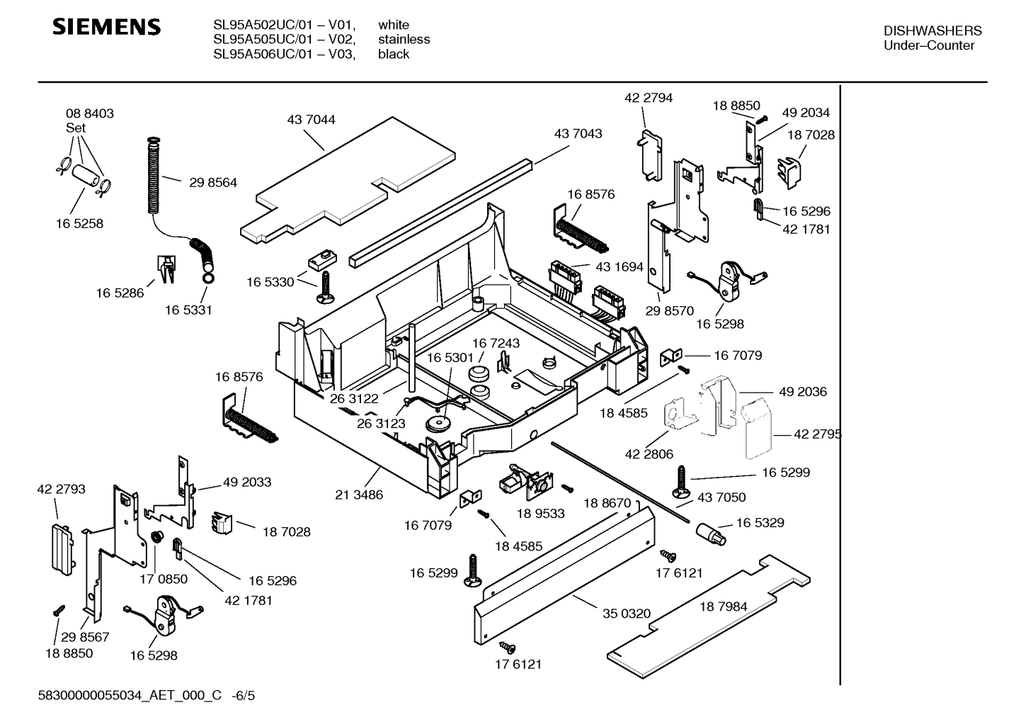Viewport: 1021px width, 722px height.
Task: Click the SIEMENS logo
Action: click(107, 28)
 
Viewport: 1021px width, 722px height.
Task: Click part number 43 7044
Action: click(311, 120)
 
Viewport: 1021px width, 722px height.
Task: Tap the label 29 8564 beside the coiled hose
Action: click(213, 182)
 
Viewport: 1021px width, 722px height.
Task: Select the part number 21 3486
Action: click(359, 495)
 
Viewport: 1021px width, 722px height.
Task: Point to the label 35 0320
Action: click(626, 614)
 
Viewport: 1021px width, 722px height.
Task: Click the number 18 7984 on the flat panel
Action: click(723, 607)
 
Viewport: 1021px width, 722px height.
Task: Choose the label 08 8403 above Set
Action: click(90, 113)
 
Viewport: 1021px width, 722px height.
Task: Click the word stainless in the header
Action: click(404, 40)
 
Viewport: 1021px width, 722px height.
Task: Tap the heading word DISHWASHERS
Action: click(932, 31)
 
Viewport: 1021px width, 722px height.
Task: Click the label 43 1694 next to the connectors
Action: click(620, 267)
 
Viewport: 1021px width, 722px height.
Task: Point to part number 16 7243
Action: click(496, 343)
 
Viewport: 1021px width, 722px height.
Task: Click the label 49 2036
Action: click(802, 392)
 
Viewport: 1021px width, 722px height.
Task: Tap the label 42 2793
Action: click(61, 489)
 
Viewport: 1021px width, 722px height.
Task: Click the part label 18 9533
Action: click(540, 513)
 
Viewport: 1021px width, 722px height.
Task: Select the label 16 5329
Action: click(760, 522)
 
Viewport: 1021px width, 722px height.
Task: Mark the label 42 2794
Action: click(649, 98)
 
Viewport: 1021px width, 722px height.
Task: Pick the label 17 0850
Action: click(164, 579)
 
